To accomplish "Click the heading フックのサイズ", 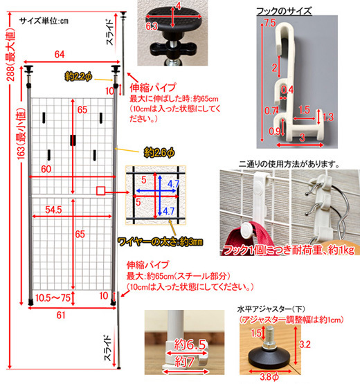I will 283,11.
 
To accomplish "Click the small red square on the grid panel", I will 100,190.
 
